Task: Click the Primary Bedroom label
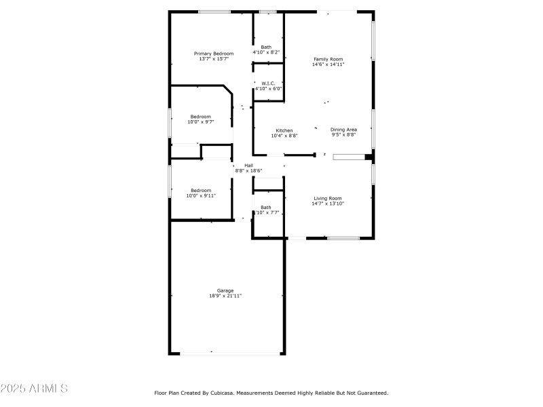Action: pyautogui.click(x=214, y=54)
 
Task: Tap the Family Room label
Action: pyautogui.click(x=328, y=59)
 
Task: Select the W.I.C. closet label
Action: pyautogui.click(x=268, y=83)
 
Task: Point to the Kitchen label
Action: pyautogui.click(x=284, y=130)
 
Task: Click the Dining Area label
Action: pyautogui.click(x=343, y=130)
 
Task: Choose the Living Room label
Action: pyautogui.click(x=327, y=198)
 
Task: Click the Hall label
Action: pyautogui.click(x=248, y=166)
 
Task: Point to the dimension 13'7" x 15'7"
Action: pyautogui.click(x=214, y=59)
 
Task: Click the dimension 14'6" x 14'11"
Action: pyautogui.click(x=328, y=64)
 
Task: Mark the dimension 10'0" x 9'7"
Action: pyautogui.click(x=200, y=122)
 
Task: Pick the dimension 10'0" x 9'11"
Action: pyautogui.click(x=201, y=196)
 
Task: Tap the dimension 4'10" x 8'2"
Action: pyautogui.click(x=266, y=52)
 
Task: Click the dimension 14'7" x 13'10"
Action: pyautogui.click(x=327, y=203)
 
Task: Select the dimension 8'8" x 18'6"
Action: pyautogui.click(x=248, y=171)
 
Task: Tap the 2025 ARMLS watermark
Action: pyautogui.click(x=34, y=389)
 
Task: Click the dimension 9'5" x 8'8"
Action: pyautogui.click(x=343, y=135)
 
